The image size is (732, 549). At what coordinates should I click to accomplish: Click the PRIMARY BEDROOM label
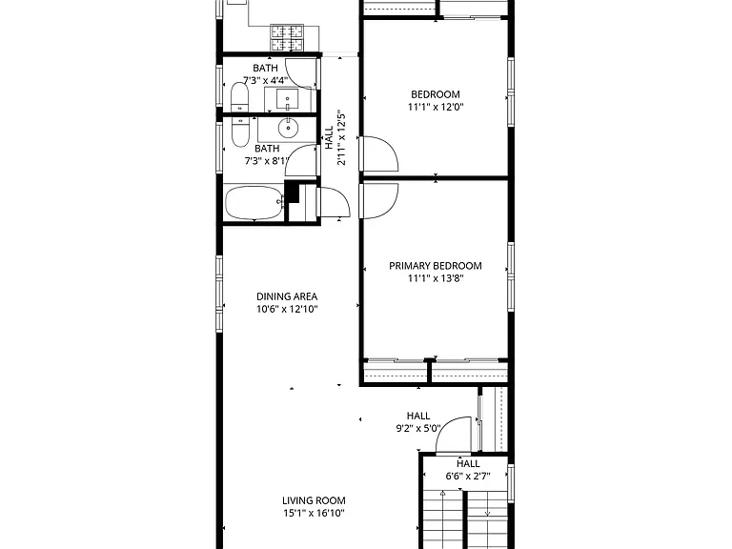pyautogui.click(x=435, y=266)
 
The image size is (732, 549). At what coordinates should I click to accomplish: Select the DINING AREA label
pyautogui.click(x=287, y=296)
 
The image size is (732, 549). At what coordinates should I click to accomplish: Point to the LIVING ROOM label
pyautogui.click(x=314, y=501)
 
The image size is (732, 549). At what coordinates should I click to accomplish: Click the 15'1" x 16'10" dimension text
pyautogui.click(x=314, y=514)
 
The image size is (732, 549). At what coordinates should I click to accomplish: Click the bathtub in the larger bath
pyautogui.click(x=254, y=203)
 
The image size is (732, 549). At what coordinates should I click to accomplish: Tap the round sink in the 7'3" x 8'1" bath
pyautogui.click(x=289, y=128)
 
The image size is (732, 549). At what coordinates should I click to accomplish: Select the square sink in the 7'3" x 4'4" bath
pyautogui.click(x=288, y=99)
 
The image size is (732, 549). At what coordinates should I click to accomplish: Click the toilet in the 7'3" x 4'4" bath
pyautogui.click(x=239, y=97)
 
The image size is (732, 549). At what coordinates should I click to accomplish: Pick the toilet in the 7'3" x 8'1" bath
pyautogui.click(x=240, y=132)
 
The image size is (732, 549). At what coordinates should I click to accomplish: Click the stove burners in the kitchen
pyautogui.click(x=287, y=38)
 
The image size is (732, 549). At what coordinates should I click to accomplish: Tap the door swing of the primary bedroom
pyautogui.click(x=381, y=201)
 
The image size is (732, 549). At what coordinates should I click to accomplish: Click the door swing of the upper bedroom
pyautogui.click(x=381, y=153)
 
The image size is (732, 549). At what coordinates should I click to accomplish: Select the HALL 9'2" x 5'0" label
pyautogui.click(x=417, y=422)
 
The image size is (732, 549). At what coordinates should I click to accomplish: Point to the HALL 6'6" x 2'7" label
pyautogui.click(x=468, y=470)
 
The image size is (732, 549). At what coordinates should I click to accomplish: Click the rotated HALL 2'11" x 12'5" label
pyautogui.click(x=335, y=137)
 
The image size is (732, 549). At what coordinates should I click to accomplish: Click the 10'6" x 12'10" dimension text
pyautogui.click(x=287, y=309)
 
